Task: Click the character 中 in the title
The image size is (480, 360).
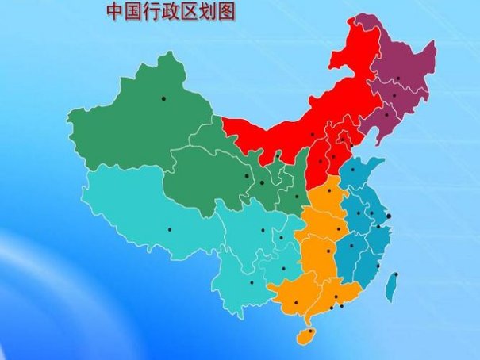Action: tap(113, 13)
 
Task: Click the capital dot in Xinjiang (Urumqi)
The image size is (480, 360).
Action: tap(163, 98)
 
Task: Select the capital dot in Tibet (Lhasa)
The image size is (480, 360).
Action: tap(169, 230)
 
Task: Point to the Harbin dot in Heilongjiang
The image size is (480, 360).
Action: tap(398, 77)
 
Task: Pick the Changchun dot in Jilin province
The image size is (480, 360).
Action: tap(394, 96)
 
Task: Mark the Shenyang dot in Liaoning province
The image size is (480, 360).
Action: tap(386, 115)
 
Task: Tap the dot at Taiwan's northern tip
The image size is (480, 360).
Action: tap(396, 275)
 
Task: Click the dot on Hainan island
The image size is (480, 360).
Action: tap(310, 331)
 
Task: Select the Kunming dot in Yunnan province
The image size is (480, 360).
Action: tap(252, 282)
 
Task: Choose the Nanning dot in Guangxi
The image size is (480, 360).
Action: tap(296, 302)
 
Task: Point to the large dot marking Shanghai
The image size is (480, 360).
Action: tap(388, 216)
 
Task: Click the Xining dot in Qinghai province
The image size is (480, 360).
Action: tap(247, 176)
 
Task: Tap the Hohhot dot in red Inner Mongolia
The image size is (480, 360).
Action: tap(313, 135)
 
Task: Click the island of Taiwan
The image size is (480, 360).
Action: tap(392, 287)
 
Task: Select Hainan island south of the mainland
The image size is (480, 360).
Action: tap(305, 336)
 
